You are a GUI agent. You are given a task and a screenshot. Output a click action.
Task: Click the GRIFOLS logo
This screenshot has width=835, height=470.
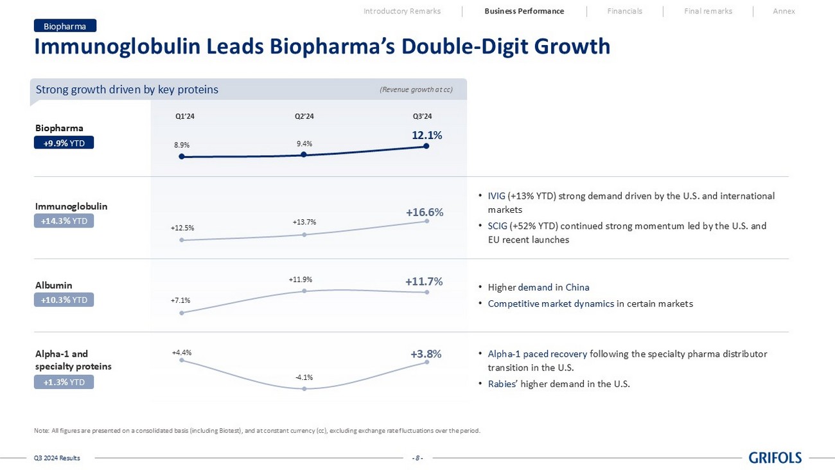[x=775, y=458]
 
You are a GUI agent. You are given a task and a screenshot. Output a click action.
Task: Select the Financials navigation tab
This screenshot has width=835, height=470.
[x=624, y=11]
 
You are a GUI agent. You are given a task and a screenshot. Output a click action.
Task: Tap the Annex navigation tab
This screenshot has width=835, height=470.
[x=784, y=11]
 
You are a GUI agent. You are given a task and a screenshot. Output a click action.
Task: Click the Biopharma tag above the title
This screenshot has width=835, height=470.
[x=65, y=26]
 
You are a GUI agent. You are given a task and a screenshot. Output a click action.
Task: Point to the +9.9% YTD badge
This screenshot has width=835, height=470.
[x=64, y=143]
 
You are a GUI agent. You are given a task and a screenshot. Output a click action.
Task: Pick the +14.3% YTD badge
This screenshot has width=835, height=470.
[x=64, y=221]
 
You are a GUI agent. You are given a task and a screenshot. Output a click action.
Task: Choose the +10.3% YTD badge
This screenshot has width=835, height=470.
[x=64, y=300]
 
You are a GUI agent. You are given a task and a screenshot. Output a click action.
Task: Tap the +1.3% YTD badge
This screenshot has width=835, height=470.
[x=64, y=383]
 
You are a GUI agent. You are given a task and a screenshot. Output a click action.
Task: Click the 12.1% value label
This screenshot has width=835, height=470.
[x=426, y=135]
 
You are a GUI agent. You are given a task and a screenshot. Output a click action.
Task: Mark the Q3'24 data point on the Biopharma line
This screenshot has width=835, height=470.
[x=426, y=147]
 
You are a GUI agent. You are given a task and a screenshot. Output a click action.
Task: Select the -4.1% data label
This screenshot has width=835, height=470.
[x=304, y=377]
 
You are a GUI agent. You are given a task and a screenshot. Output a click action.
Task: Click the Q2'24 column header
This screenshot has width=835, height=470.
[x=304, y=116]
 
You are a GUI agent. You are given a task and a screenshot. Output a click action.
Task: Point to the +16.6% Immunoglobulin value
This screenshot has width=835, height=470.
[x=424, y=212]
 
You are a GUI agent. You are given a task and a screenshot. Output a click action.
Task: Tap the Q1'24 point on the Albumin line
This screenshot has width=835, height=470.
[x=182, y=313]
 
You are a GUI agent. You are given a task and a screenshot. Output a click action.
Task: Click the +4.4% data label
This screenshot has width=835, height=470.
[x=182, y=352]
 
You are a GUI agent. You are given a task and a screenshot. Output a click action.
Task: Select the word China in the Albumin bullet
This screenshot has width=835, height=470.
[x=577, y=287]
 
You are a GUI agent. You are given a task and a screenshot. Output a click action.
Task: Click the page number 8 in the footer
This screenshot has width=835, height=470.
[x=417, y=458]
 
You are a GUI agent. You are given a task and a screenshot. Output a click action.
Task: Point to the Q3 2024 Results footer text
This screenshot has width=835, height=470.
[x=57, y=458]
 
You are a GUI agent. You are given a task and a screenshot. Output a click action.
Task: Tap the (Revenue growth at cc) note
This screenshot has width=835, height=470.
[x=416, y=90]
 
